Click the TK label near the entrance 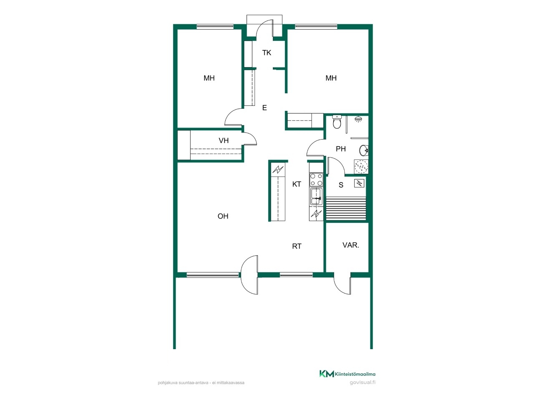pyautogui.click(x=267, y=52)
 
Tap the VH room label pyautogui.click(x=223, y=140)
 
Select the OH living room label pyautogui.click(x=223, y=216)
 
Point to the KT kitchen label pyautogui.click(x=296, y=184)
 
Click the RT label pyautogui.click(x=296, y=246)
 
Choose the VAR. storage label pyautogui.click(x=350, y=245)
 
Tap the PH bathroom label pyautogui.click(x=340, y=149)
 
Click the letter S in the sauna pyautogui.click(x=340, y=185)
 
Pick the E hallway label pyautogui.click(x=264, y=107)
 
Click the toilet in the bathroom pyautogui.click(x=337, y=122)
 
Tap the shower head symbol pyautogui.click(x=358, y=119)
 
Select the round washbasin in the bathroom pyautogui.click(x=363, y=150)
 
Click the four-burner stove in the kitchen pyautogui.click(x=316, y=180)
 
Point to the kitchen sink pyautogui.click(x=316, y=196)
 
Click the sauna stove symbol pyautogui.click(x=359, y=183)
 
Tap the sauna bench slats pyautogui.click(x=346, y=208)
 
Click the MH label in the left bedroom pyautogui.click(x=209, y=78)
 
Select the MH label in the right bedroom pyautogui.click(x=331, y=78)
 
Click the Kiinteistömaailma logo pyautogui.click(x=347, y=374)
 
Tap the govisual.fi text pyautogui.click(x=363, y=382)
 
